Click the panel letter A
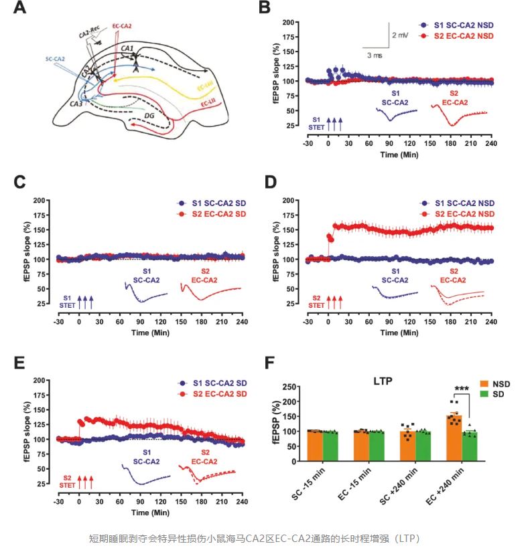[x=19, y=9]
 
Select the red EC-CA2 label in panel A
[x=121, y=26]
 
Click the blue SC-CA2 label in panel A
[x=56, y=58]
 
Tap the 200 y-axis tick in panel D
[x=293, y=200]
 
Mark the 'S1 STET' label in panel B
[x=316, y=122]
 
